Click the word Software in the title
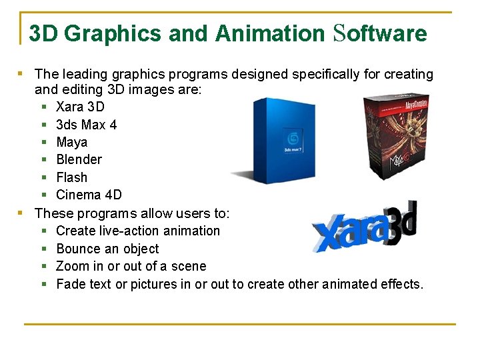click(379, 33)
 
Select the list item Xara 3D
click(80, 107)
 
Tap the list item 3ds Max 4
click(86, 125)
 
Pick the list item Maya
click(71, 142)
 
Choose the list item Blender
click(79, 159)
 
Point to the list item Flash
click(71, 177)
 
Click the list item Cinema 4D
click(89, 195)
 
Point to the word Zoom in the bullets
click(73, 266)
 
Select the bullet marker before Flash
click(43, 177)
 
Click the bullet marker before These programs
click(21, 213)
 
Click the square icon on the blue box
click(292, 138)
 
